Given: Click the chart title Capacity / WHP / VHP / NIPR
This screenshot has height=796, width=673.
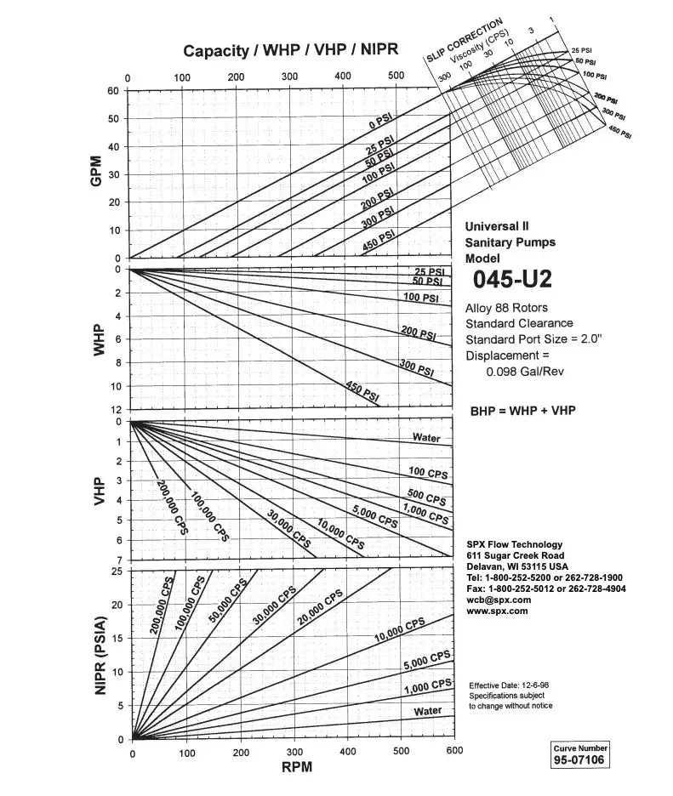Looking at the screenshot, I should (x=292, y=50).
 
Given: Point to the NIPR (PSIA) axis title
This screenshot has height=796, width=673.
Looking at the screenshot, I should (x=101, y=656).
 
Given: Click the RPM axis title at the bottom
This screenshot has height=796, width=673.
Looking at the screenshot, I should (x=296, y=767).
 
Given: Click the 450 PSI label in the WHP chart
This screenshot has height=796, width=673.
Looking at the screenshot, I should (x=362, y=393).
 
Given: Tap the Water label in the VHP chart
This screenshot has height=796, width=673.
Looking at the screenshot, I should (x=426, y=438).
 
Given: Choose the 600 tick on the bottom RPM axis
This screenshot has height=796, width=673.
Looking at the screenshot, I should (x=454, y=751).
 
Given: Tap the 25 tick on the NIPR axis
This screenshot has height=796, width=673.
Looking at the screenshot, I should (x=118, y=571).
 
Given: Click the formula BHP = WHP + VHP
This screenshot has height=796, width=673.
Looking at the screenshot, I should (x=522, y=411).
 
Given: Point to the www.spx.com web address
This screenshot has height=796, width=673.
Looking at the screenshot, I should (x=497, y=611).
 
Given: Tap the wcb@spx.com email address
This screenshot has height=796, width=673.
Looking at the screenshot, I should (x=499, y=600).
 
